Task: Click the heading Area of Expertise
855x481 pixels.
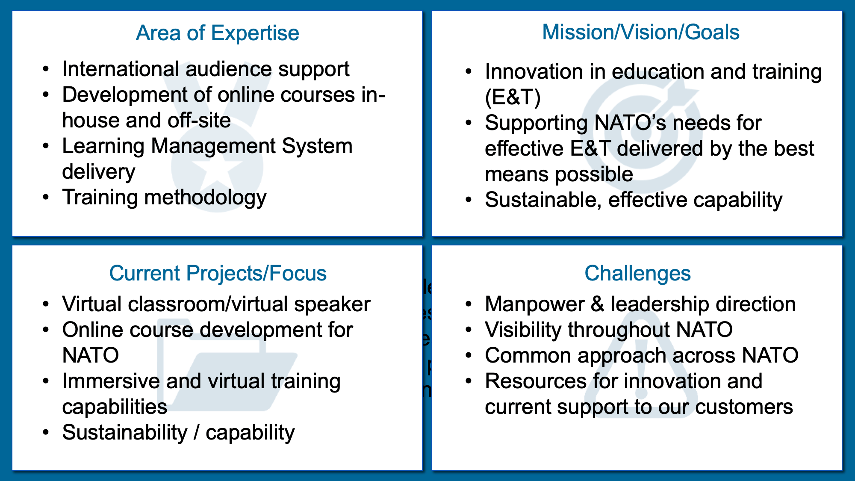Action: (x=218, y=33)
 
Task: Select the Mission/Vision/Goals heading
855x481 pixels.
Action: (x=641, y=32)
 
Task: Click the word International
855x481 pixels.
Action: (x=121, y=69)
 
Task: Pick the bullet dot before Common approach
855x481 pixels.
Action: (x=469, y=356)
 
